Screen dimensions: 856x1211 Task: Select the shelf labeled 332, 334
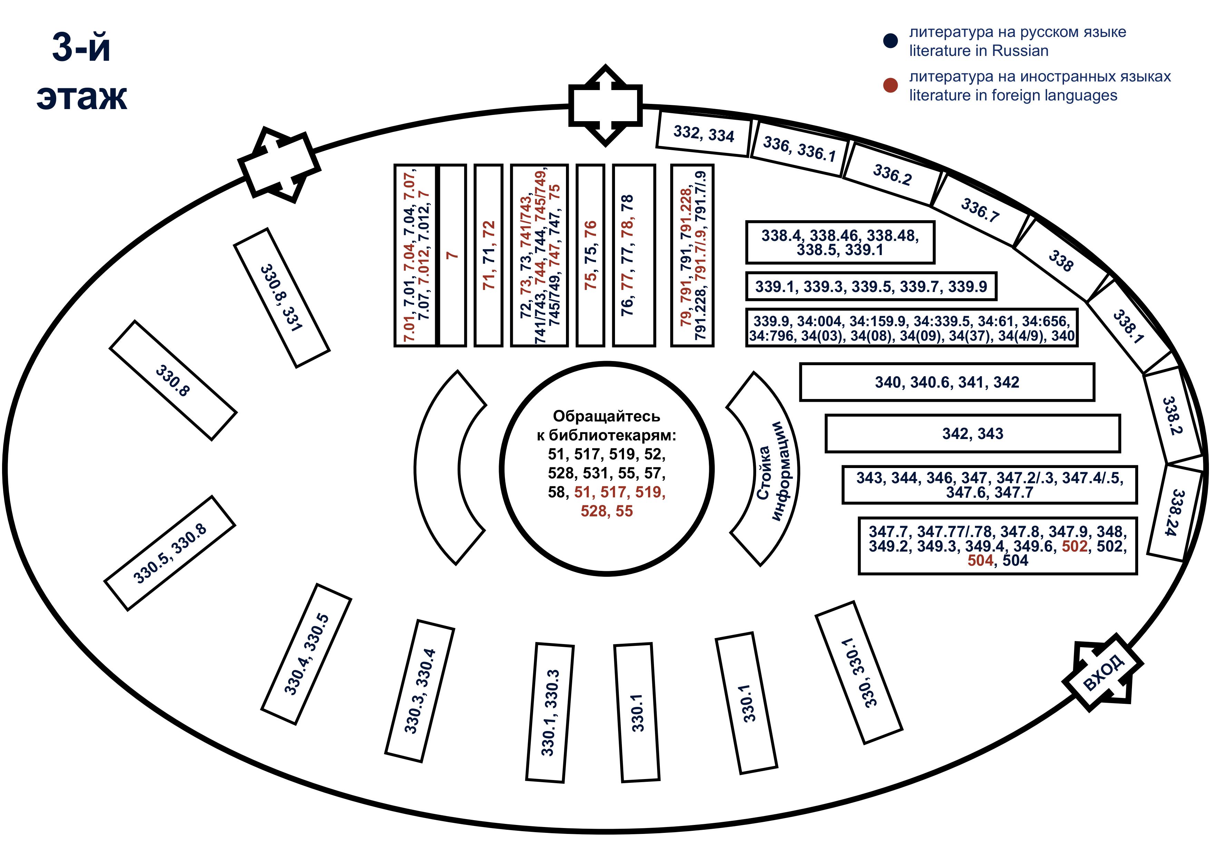pos(704,134)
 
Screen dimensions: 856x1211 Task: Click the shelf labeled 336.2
pos(892,175)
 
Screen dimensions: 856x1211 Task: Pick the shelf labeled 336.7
pos(979,210)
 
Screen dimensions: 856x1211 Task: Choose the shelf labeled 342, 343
pos(973,434)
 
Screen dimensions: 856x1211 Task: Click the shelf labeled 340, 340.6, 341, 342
pos(947,382)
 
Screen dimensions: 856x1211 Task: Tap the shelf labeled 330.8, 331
pos(282,298)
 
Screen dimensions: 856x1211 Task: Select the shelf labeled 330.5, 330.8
pos(170,553)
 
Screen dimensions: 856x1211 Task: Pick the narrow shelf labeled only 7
pos(452,255)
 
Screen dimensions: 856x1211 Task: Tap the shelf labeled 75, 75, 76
pos(590,255)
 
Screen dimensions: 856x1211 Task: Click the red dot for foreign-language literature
pos(890,85)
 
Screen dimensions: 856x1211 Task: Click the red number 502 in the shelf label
pos(1074,546)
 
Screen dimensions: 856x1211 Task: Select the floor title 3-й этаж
pos(82,71)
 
